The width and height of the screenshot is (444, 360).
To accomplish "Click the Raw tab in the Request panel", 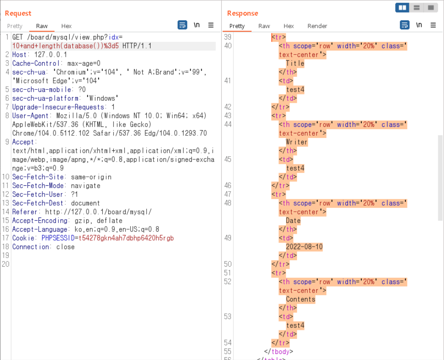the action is (x=42, y=26).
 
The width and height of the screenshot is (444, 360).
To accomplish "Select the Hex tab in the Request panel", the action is (x=66, y=26).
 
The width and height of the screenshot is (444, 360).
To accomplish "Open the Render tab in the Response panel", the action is (x=317, y=26).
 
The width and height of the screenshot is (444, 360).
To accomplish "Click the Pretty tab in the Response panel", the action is (x=237, y=26).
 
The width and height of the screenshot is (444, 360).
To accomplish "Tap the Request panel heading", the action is (x=18, y=13).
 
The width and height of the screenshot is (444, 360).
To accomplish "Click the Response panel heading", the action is (x=243, y=13).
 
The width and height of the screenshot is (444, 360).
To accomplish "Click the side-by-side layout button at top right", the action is (x=402, y=8).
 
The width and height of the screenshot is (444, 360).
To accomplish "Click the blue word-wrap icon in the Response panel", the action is (x=404, y=25).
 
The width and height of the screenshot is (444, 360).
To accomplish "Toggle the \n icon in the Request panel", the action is (x=197, y=25).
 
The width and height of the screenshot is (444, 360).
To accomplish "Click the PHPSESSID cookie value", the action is (x=126, y=238).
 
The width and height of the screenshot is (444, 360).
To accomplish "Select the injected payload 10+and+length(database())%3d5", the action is (x=65, y=46).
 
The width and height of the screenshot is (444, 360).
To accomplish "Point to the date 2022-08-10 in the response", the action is (x=304, y=247).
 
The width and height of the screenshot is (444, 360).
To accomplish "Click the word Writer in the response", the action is (x=296, y=142).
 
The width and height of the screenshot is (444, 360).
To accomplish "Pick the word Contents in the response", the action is (x=300, y=299).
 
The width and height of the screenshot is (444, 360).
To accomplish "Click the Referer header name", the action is (x=24, y=212).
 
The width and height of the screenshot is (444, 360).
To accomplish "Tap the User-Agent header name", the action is (x=30, y=116).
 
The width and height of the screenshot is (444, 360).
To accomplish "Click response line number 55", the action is (x=228, y=351).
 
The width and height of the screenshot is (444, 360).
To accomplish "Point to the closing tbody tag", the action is (x=278, y=351).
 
